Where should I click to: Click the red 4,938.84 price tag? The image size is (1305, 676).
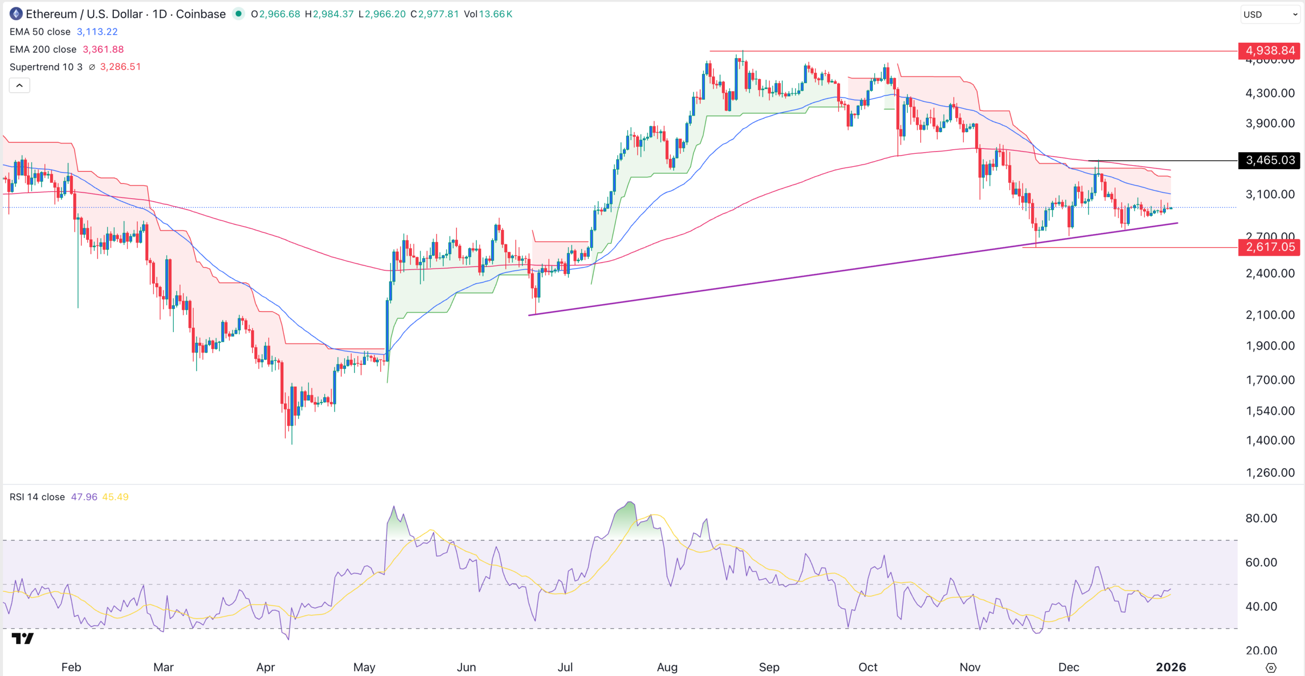pyautogui.click(x=1269, y=50)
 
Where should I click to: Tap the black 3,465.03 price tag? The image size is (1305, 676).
pyautogui.click(x=1269, y=160)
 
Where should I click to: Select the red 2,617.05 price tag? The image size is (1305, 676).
pyautogui.click(x=1269, y=248)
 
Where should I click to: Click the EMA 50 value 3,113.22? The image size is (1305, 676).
pyautogui.click(x=97, y=32)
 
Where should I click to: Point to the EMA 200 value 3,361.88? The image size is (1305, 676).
pyautogui.click(x=103, y=49)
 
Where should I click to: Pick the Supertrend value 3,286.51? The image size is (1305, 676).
pyautogui.click(x=120, y=67)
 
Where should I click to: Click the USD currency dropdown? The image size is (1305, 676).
pyautogui.click(x=1270, y=14)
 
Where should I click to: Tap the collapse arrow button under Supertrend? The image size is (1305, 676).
pyautogui.click(x=19, y=86)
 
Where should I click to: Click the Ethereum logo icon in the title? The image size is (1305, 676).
pyautogui.click(x=16, y=14)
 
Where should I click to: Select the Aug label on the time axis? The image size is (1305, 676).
pyautogui.click(x=667, y=667)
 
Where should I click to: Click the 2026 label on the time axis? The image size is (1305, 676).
pyautogui.click(x=1170, y=667)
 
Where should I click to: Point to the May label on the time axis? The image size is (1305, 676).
pyautogui.click(x=364, y=667)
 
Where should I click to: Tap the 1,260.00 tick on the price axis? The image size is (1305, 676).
pyautogui.click(x=1270, y=472)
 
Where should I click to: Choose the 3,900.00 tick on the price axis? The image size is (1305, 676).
pyautogui.click(x=1270, y=123)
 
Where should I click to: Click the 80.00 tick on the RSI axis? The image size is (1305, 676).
pyautogui.click(x=1261, y=518)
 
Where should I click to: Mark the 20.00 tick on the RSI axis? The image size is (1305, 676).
pyautogui.click(x=1261, y=650)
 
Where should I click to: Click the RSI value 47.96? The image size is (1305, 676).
pyautogui.click(x=84, y=497)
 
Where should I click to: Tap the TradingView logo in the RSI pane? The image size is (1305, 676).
pyautogui.click(x=22, y=638)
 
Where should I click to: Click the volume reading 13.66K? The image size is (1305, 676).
pyautogui.click(x=495, y=14)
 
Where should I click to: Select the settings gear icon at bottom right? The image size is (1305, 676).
pyautogui.click(x=1271, y=667)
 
